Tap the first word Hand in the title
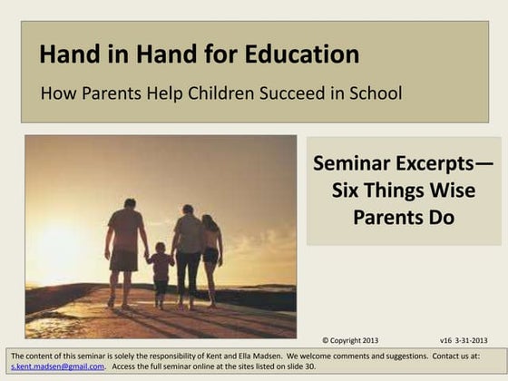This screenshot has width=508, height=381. click(66, 54)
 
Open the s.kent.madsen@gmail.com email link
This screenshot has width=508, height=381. click(54, 367)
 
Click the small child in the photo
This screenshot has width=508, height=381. click(161, 270)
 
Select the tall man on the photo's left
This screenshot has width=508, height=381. click(125, 249)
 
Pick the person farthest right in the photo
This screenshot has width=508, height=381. click(211, 254)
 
